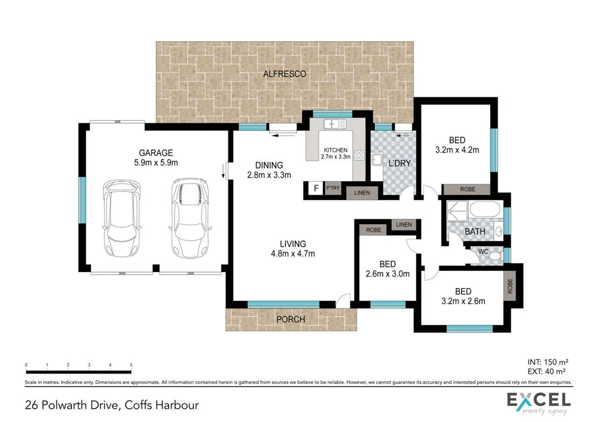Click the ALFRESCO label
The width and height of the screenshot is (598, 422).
click(x=285, y=74)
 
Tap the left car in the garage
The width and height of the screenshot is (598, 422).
click(x=123, y=216)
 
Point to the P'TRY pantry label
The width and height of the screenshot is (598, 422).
click(x=332, y=189)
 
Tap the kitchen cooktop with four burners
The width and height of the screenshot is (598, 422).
click(x=359, y=155)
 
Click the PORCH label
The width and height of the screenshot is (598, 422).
click(x=290, y=320)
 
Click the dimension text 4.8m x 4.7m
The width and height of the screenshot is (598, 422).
click(x=293, y=253)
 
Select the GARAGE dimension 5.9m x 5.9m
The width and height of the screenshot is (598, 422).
click(x=156, y=162)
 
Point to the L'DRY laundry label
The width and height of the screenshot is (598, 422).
click(x=398, y=164)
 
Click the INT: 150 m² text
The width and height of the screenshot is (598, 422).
click(x=548, y=362)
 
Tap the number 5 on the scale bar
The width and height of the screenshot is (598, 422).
click(x=130, y=364)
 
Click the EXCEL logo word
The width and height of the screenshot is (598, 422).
click(x=538, y=399)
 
